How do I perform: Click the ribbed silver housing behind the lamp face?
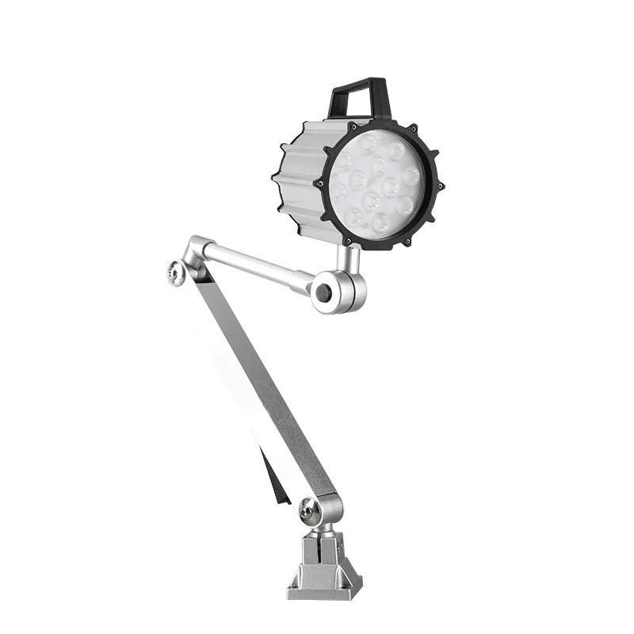[x=300, y=178]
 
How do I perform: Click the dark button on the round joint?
[x=323, y=292]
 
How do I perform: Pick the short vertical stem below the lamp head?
[x=346, y=258]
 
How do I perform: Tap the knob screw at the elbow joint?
[x=175, y=273]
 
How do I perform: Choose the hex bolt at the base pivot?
[x=310, y=512]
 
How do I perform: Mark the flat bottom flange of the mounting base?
[x=325, y=591]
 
